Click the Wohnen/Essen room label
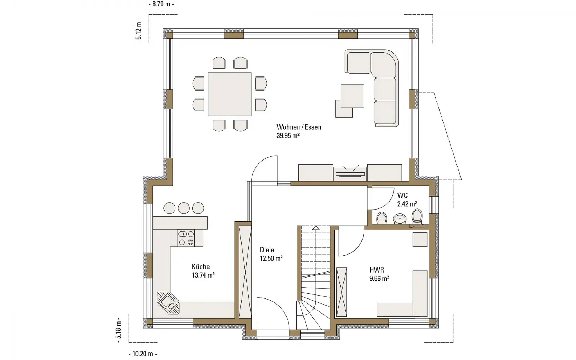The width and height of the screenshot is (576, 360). tap(299, 127)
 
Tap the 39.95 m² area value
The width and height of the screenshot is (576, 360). tap(288, 135)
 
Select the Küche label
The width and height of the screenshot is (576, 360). tap(201, 266)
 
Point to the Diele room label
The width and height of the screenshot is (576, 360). tap(267, 250)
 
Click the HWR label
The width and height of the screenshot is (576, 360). tap(377, 270)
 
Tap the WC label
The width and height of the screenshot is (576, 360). tap(402, 195)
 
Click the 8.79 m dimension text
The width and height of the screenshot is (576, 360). tap(161, 4)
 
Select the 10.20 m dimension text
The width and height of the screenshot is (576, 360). tap(143, 354)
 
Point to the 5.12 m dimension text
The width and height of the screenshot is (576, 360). tap(139, 31)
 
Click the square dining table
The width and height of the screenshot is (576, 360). tap(230, 94)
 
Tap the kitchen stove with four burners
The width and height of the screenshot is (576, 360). tap(186, 238)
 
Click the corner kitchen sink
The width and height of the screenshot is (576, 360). tap(168, 303)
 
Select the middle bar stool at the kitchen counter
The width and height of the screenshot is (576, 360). tap(184, 208)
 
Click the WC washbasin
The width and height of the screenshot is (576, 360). tap(400, 219)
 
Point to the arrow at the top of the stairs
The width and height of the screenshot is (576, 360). tap(316, 228)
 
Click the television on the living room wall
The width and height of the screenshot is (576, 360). tap(350, 174)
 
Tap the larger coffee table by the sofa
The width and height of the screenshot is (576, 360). tap(352, 95)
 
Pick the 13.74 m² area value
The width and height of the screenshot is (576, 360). tap(203, 275)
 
